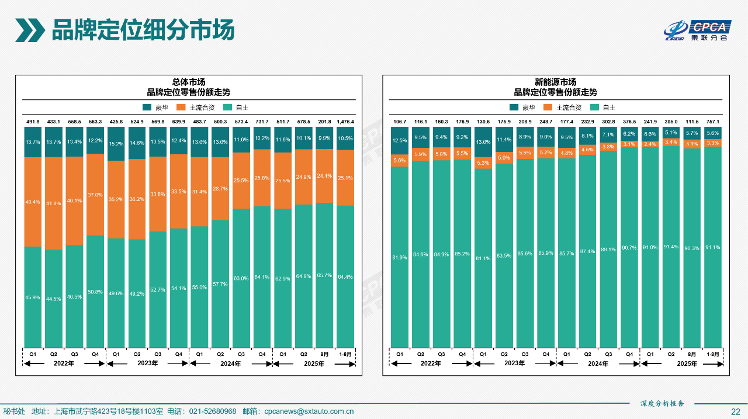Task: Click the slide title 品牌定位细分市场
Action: coord(143,30)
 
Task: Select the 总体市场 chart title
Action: coord(188,82)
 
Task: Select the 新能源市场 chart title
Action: coord(555,82)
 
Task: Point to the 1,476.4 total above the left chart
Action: coord(345,122)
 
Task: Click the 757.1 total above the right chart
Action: coord(712,122)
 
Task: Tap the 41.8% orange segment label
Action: coord(54,203)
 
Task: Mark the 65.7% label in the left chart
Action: coord(324,275)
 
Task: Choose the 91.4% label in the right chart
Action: coord(671,247)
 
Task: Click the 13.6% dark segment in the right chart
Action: coord(483,142)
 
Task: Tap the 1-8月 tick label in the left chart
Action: coord(345,354)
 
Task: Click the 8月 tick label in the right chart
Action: coord(692,354)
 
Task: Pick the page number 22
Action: coord(736,411)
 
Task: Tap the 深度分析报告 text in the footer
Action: coord(662,404)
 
